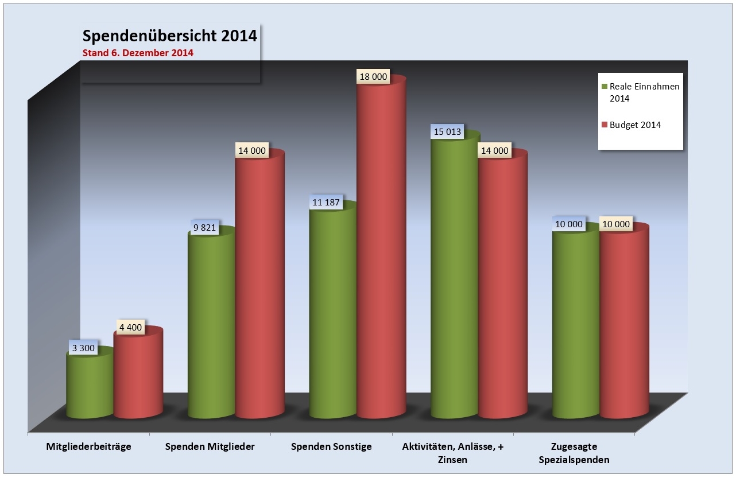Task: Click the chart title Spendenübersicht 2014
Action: click(169, 36)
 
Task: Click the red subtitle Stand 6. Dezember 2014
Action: click(138, 53)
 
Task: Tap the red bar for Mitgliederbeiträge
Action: click(138, 376)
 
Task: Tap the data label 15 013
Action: click(447, 131)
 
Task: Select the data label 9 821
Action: click(204, 227)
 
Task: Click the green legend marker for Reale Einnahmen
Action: click(604, 87)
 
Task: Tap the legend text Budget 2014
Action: click(635, 125)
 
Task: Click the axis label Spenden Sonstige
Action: click(331, 446)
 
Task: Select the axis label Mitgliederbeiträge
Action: click(89, 446)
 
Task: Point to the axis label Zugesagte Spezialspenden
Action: click(580, 453)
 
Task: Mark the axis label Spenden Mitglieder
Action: click(210, 446)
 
